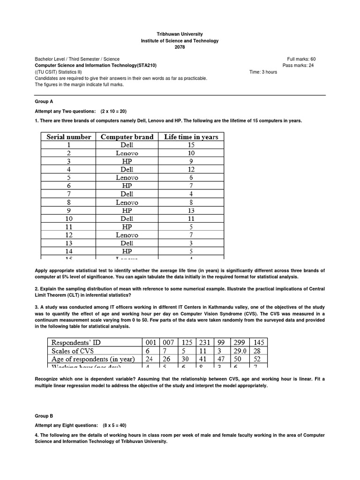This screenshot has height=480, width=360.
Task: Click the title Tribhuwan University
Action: (180, 35)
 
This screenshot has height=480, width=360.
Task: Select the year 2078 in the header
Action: (180, 47)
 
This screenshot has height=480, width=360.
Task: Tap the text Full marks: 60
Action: (301, 59)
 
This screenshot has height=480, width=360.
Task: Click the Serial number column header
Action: (69, 137)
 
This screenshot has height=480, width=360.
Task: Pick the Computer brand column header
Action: (127, 137)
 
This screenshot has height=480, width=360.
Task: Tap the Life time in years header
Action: (191, 137)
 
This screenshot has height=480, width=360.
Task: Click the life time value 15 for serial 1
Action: (191, 145)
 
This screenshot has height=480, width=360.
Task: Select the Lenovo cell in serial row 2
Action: (127, 153)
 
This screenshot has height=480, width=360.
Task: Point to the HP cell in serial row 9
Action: (127, 210)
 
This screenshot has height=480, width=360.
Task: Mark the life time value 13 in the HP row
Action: (191, 210)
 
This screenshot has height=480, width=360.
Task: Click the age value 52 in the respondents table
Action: (259, 360)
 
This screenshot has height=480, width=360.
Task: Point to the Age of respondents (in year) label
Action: (93, 360)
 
